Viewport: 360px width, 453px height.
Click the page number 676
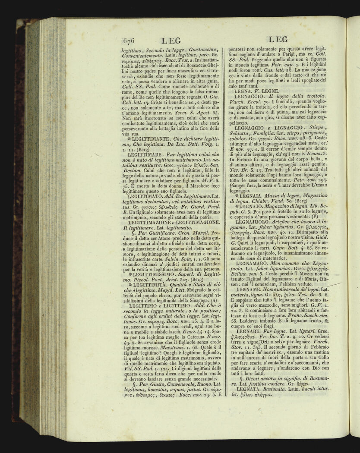[129, 41]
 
